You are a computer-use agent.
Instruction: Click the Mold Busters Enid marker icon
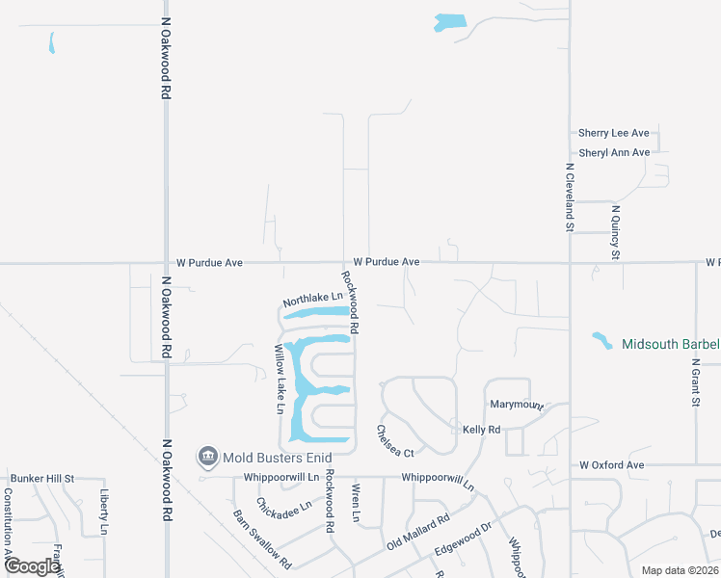[x=206, y=456]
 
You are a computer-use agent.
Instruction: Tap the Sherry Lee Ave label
[x=613, y=133]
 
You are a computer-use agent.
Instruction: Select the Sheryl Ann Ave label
[x=613, y=152]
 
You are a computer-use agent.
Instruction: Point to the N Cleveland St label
[x=569, y=197]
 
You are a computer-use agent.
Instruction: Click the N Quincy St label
[x=615, y=231]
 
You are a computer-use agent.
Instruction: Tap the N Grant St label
[x=695, y=383]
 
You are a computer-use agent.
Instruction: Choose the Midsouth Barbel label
[x=671, y=344]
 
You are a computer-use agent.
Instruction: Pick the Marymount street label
[x=518, y=406]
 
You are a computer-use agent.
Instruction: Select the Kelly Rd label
[x=481, y=430]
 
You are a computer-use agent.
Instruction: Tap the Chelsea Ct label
[x=394, y=441]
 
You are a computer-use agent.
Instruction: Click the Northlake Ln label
[x=313, y=301]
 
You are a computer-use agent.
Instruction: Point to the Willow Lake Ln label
[x=280, y=379]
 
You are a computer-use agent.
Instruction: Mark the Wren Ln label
[x=355, y=503]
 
